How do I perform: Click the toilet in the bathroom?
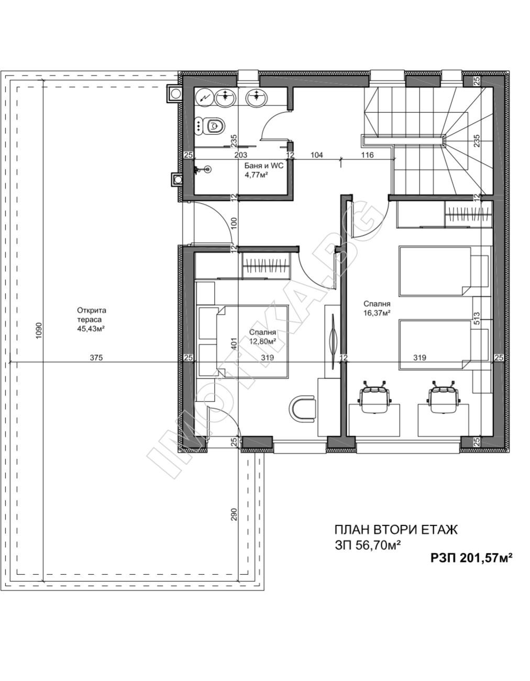214,126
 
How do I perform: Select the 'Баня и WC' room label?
264,165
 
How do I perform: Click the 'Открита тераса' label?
92,315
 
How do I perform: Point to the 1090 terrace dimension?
39,331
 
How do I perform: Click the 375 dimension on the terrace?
96,358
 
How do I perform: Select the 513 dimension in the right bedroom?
477,319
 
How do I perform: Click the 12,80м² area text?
263,341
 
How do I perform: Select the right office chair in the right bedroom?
443,396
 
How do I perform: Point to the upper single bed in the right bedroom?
444,271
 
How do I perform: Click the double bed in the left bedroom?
243,342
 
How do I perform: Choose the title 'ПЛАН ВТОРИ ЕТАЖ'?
396,530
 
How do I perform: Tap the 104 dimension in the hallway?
316,155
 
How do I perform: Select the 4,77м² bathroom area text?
256,174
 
